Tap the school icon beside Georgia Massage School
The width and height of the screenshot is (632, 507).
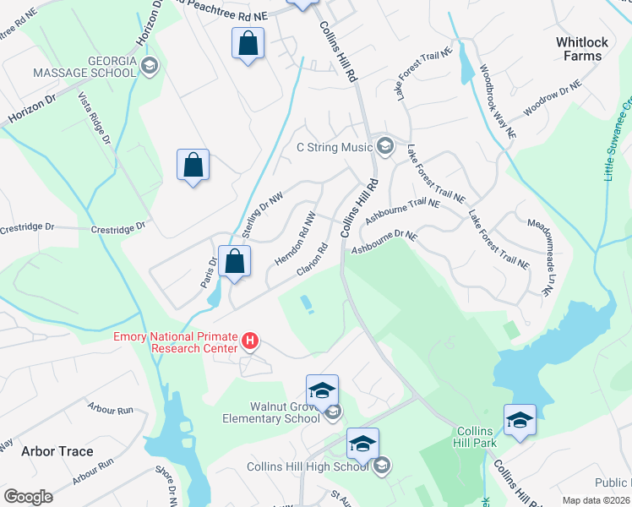[x=150, y=67]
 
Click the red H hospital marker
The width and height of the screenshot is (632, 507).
[x=250, y=341]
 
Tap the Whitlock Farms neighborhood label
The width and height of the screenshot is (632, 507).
[x=579, y=48]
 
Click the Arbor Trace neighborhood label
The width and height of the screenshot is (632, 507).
[x=57, y=451]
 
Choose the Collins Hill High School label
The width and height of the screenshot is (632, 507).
[x=308, y=466]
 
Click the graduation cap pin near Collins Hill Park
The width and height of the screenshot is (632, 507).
[x=520, y=420]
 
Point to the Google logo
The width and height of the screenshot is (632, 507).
[x=28, y=497]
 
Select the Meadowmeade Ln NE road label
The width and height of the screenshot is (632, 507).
[x=537, y=255]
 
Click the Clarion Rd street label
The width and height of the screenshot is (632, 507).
[x=311, y=260]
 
